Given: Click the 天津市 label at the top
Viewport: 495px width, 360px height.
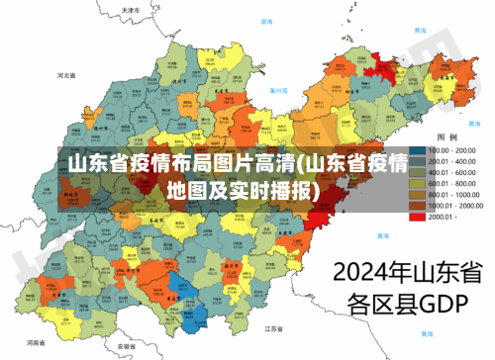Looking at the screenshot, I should point(130,9).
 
